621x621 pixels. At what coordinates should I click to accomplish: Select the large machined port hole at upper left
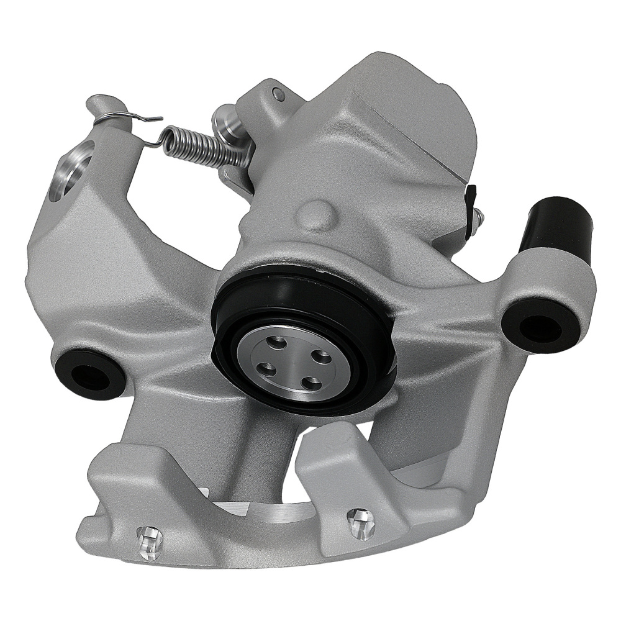[x=73, y=168]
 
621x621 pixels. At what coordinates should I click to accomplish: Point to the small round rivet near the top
[x=278, y=94]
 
